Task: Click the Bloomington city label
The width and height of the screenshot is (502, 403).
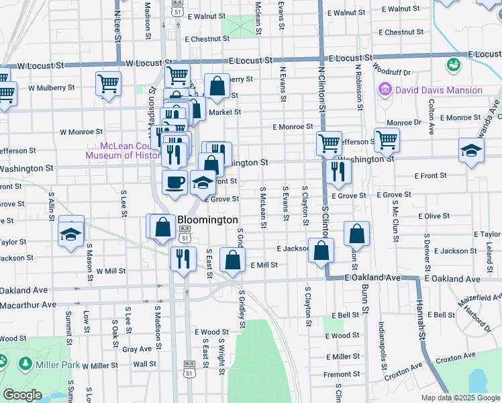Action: pyautogui.click(x=207, y=220)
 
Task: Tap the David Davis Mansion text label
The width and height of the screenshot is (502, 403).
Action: pyautogui.click(x=439, y=90)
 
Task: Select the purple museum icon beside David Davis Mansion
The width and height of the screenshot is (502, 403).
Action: pyautogui.click(x=385, y=89)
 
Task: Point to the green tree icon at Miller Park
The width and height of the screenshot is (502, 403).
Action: pyautogui.click(x=26, y=364)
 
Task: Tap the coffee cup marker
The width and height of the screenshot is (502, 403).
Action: pyautogui.click(x=175, y=182)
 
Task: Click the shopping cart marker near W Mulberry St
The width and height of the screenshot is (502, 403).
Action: pyautogui.click(x=108, y=83)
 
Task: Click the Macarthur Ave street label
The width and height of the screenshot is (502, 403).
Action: pyautogui.click(x=28, y=304)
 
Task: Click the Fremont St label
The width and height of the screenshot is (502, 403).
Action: pyautogui.click(x=342, y=374)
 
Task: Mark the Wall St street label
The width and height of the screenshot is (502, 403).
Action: pyautogui.click(x=144, y=364)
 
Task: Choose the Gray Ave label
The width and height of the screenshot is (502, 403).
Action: pyautogui.click(x=137, y=349)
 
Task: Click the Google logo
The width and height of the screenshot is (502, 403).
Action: pyautogui.click(x=22, y=395)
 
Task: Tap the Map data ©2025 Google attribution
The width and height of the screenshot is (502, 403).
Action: pyautogui.click(x=460, y=398)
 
